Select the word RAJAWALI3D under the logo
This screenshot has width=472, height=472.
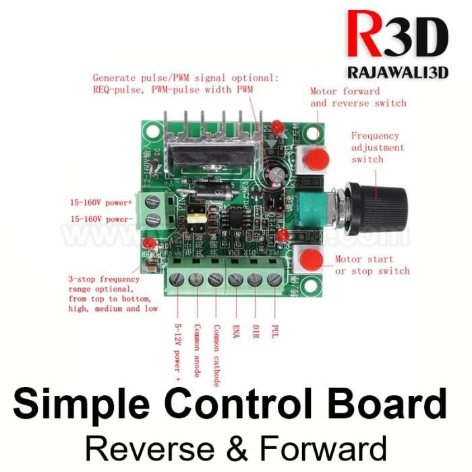(397, 73)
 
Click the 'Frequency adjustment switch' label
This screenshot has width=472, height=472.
(378, 147)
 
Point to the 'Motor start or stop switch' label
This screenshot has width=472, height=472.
(372, 264)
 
